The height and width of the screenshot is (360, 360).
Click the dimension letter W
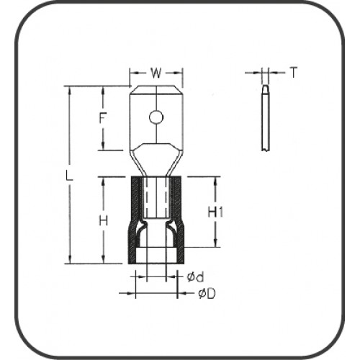(x=157, y=73)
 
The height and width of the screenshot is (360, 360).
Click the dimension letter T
(x=293, y=72)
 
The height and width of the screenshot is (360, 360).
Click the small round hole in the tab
(x=156, y=117)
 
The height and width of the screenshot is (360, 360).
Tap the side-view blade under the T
(x=264, y=119)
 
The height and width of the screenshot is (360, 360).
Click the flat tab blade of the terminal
(x=156, y=108)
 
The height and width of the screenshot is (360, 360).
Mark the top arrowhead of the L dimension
(x=69, y=89)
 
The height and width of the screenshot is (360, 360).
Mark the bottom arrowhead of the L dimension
(x=69, y=261)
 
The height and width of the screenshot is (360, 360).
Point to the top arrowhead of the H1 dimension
(x=215, y=180)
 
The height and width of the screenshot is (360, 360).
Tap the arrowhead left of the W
(x=132, y=73)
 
